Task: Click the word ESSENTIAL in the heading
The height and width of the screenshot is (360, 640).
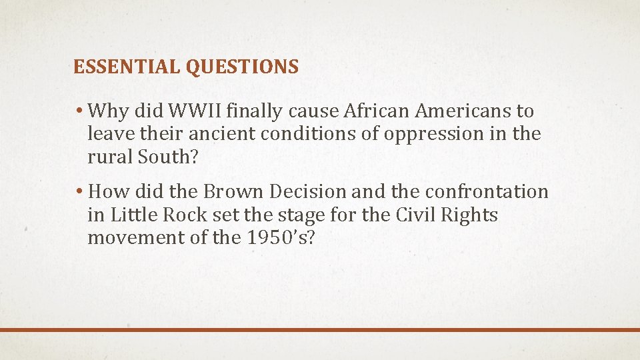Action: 127,67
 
